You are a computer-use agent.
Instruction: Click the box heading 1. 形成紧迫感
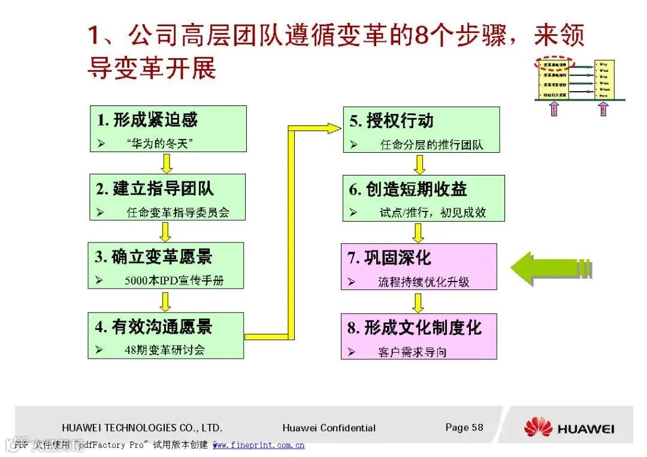pyautogui.click(x=147, y=120)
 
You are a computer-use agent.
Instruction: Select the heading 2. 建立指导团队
pyautogui.click(x=155, y=189)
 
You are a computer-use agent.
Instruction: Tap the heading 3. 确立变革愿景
pyautogui.click(x=154, y=258)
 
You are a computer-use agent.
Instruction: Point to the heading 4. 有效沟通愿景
pyautogui.click(x=154, y=327)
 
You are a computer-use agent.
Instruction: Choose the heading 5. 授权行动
pyautogui.click(x=392, y=121)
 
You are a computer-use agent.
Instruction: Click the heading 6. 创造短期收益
pyautogui.click(x=409, y=190)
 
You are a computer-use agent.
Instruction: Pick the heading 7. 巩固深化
pyautogui.click(x=389, y=258)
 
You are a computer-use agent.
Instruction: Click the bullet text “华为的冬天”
pyautogui.click(x=160, y=144)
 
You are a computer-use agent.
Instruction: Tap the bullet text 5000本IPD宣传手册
pyautogui.click(x=174, y=280)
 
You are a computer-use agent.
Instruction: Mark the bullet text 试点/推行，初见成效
pyautogui.click(x=433, y=213)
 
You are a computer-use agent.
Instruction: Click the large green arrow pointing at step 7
pyautogui.click(x=551, y=268)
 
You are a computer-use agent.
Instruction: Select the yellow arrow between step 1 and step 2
pyautogui.click(x=167, y=163)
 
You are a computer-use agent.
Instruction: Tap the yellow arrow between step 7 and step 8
pyautogui.click(x=419, y=302)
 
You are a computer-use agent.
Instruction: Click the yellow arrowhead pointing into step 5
pyautogui.click(x=332, y=127)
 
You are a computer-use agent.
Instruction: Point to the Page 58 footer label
pyautogui.click(x=464, y=427)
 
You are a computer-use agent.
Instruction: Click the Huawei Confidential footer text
pyautogui.click(x=329, y=428)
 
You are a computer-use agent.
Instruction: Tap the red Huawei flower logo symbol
pyautogui.click(x=538, y=427)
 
